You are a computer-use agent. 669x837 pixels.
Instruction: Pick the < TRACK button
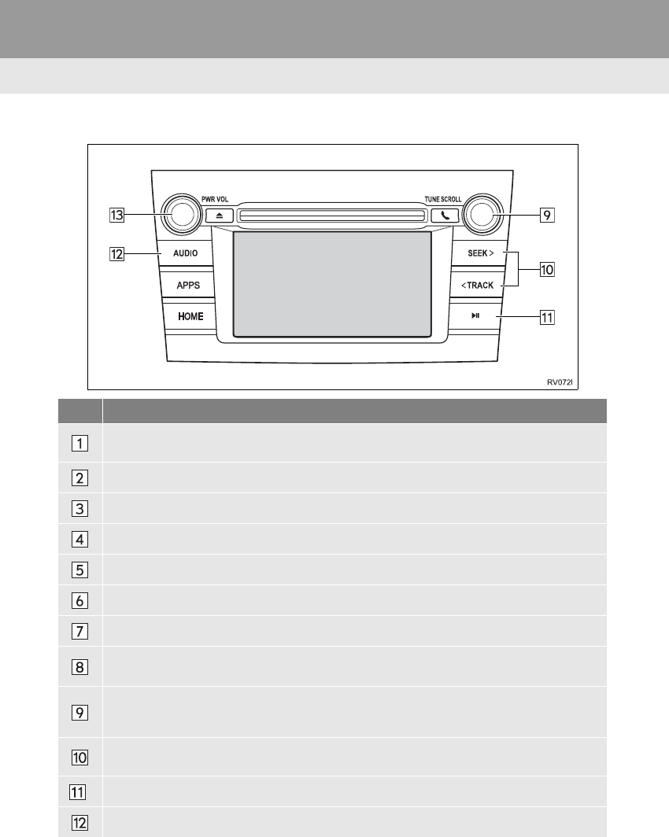tap(477, 285)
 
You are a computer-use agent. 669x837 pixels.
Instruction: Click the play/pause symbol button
tap(475, 316)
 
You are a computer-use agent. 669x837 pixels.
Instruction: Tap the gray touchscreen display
tap(332, 284)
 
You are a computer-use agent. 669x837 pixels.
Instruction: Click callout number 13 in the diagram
tap(116, 214)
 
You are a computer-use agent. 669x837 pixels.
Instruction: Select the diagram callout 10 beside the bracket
tap(546, 270)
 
